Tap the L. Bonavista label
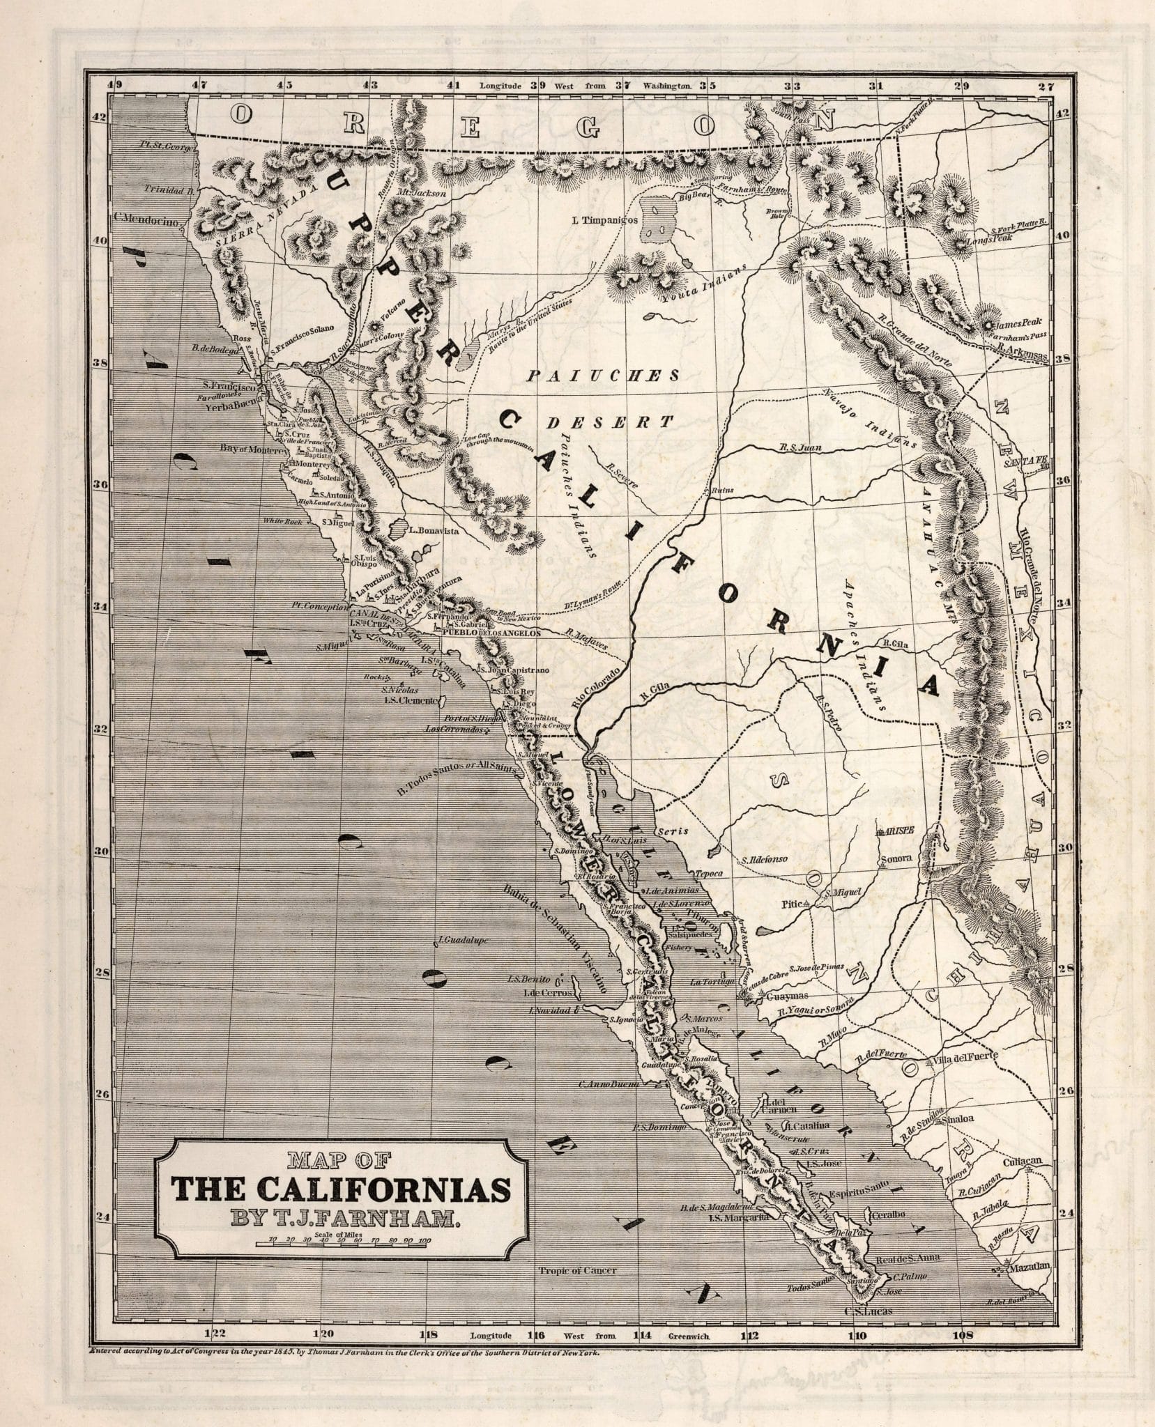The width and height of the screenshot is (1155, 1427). click(x=434, y=530)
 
